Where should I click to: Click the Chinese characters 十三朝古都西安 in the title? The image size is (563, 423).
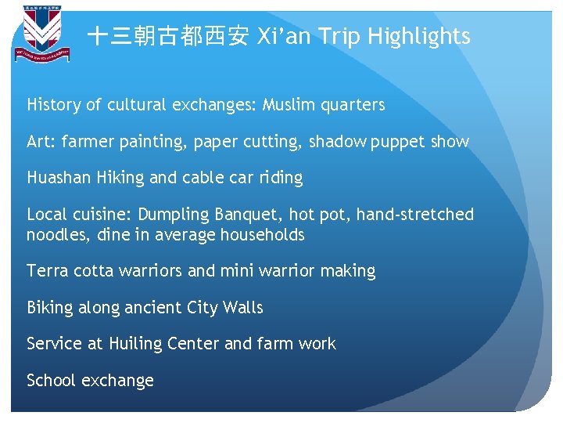tap(167, 36)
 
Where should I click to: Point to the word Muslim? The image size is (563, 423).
tap(292, 105)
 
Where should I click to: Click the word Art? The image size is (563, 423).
tap(39, 142)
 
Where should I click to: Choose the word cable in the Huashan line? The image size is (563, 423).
tap(204, 178)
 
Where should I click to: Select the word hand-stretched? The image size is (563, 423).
tap(415, 214)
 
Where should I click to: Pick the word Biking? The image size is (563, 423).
tap(49, 308)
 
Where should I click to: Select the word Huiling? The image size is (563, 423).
tap(138, 344)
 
